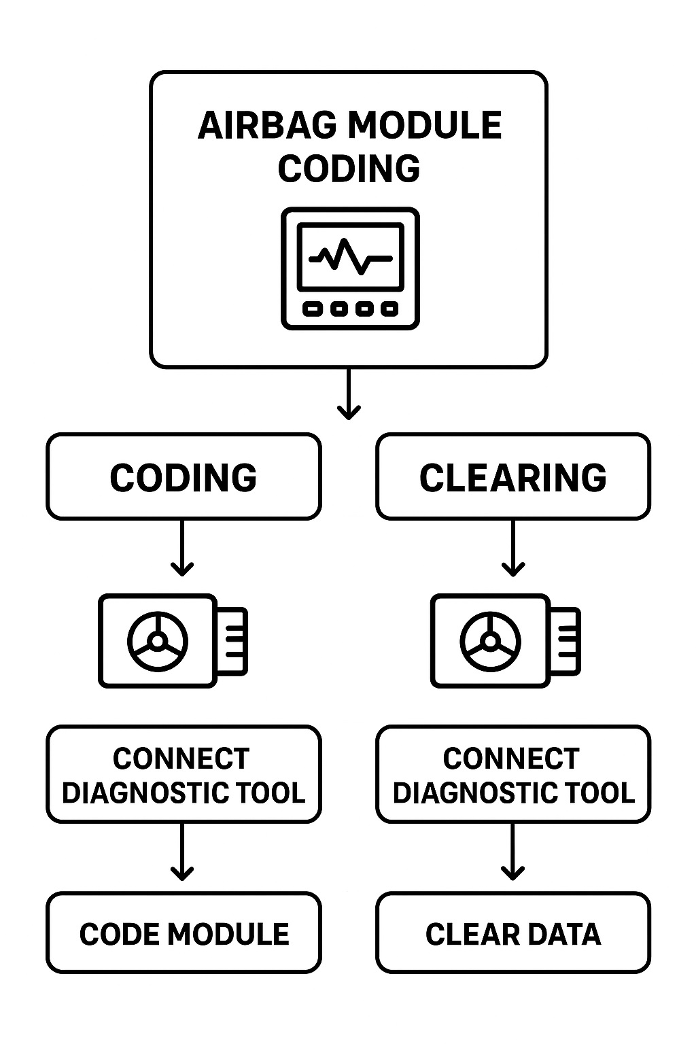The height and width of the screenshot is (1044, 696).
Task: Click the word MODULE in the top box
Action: point(424,126)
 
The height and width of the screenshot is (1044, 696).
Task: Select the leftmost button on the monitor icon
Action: point(313,309)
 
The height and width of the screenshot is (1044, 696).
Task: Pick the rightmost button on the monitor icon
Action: point(389,309)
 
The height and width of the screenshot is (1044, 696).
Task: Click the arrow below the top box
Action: point(349,394)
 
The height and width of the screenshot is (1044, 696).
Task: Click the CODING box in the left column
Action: point(184,477)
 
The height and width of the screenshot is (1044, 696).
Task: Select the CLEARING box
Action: point(513,477)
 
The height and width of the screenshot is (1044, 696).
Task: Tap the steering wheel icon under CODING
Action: point(158,640)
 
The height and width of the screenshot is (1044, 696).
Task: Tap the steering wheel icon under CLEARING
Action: point(490,640)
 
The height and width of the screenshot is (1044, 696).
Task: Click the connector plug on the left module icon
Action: point(232,641)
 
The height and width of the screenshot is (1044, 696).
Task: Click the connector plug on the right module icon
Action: point(565,641)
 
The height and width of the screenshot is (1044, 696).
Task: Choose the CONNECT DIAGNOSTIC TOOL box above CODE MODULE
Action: point(184,775)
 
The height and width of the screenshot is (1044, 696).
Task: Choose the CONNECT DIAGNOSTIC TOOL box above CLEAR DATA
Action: point(513,775)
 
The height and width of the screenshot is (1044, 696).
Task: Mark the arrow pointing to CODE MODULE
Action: point(182,852)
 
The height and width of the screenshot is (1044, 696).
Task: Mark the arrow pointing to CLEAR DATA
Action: point(512,852)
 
